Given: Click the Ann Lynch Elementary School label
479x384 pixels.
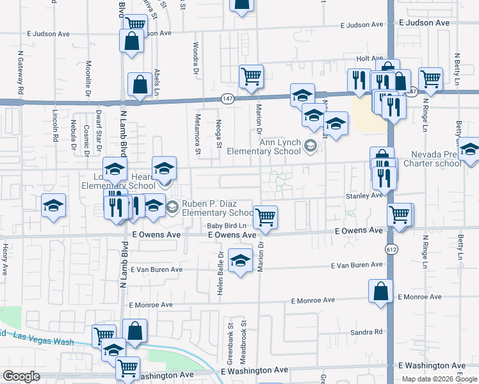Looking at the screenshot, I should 280,147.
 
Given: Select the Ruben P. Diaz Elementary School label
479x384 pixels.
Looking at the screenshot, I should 218,209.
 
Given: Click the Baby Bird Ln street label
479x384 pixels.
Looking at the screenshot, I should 227,226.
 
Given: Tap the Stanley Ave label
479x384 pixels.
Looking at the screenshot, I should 363,196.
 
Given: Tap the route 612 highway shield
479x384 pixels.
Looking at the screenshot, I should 390,248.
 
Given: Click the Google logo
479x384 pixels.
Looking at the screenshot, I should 22,376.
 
